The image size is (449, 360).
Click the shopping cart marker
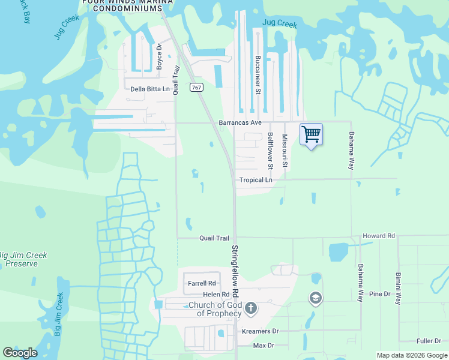[x=311, y=134]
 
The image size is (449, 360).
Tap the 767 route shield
[x=196, y=88]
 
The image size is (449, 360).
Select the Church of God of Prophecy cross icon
[x=251, y=308]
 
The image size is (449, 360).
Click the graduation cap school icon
[x=315, y=298]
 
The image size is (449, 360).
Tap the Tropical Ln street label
[x=256, y=179]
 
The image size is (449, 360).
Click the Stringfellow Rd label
[x=235, y=271]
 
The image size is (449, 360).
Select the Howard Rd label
[x=378, y=236]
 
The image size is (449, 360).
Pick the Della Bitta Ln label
[x=150, y=89]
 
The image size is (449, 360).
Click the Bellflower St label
[x=270, y=149]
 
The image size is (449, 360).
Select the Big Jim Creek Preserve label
[x=23, y=259]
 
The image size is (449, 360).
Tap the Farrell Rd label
[x=202, y=283]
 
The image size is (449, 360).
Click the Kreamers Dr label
[x=261, y=331]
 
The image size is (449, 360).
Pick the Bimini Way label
[x=397, y=289]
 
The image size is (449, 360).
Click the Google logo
[x=20, y=353]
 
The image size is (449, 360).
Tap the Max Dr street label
[x=263, y=346]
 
